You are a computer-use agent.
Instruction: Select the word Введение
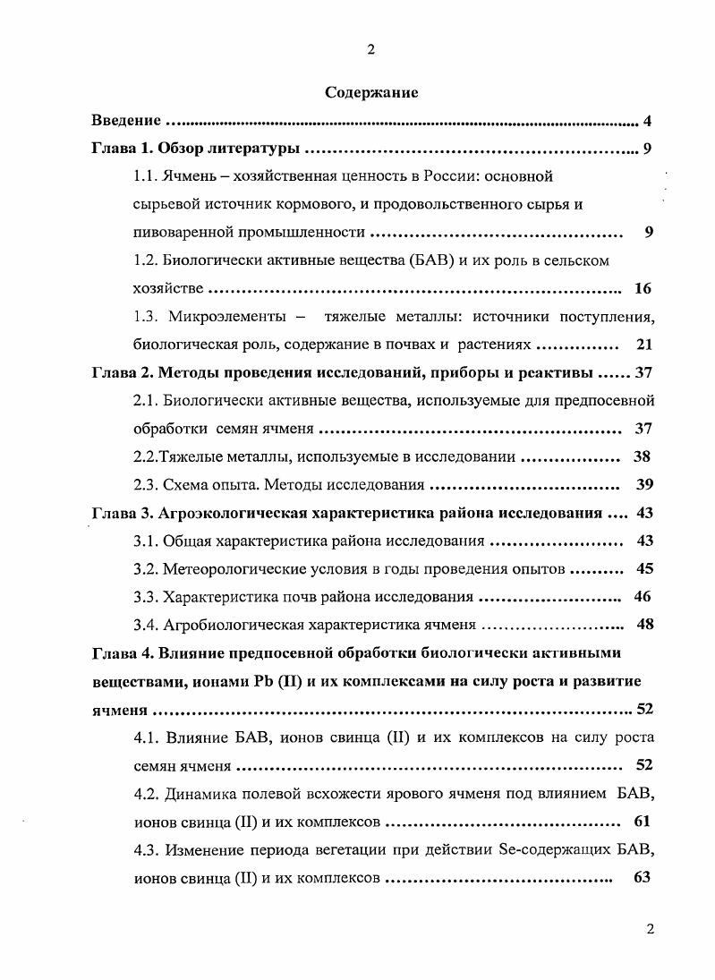[x=126, y=120]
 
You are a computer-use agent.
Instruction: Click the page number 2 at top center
[x=370, y=49]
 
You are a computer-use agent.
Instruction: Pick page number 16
[x=643, y=288]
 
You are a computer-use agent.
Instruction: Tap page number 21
[x=644, y=345]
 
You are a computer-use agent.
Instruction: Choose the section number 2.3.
[x=145, y=485]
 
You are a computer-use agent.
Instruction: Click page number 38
[x=642, y=456]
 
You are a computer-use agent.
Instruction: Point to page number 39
[x=644, y=485]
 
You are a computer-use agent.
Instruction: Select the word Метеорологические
[x=234, y=568]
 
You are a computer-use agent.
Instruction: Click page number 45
[x=644, y=568]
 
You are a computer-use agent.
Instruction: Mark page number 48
[x=644, y=625]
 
